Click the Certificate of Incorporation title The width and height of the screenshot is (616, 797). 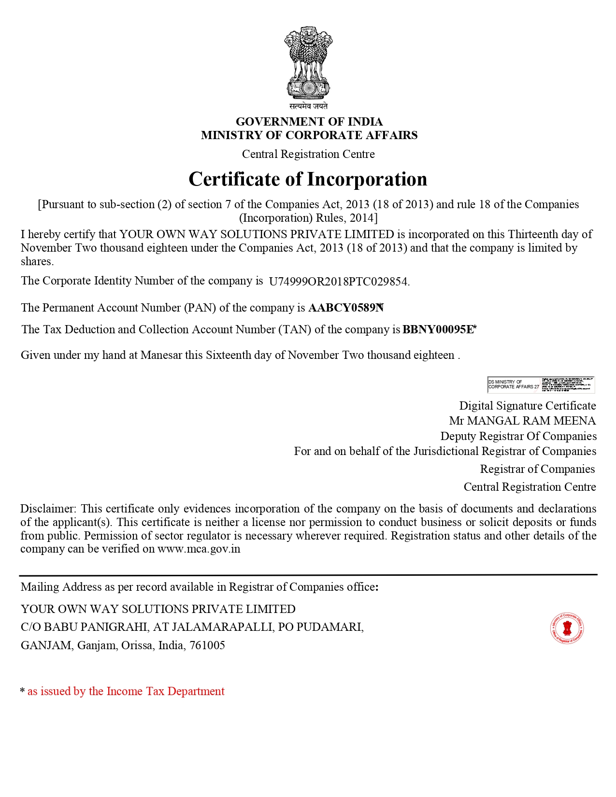[x=308, y=179]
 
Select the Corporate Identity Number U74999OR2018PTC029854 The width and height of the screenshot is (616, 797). [x=339, y=282]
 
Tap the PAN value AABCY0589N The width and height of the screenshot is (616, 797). [x=345, y=308]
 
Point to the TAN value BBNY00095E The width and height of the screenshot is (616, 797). [x=438, y=329]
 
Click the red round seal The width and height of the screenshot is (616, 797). [x=567, y=628]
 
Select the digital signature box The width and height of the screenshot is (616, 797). [x=541, y=384]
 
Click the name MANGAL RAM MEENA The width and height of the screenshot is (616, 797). [x=531, y=421]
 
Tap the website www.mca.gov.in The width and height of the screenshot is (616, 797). [x=199, y=549]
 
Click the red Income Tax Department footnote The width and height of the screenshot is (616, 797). [x=126, y=691]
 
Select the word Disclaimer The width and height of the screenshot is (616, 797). [x=48, y=509]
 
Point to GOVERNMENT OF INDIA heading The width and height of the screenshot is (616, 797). [x=309, y=122]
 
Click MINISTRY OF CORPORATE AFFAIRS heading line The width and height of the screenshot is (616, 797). [x=309, y=135]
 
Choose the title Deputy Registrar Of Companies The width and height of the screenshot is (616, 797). [x=518, y=436]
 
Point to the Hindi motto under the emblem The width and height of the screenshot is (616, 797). [x=308, y=106]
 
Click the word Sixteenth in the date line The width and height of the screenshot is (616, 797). [x=228, y=355]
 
